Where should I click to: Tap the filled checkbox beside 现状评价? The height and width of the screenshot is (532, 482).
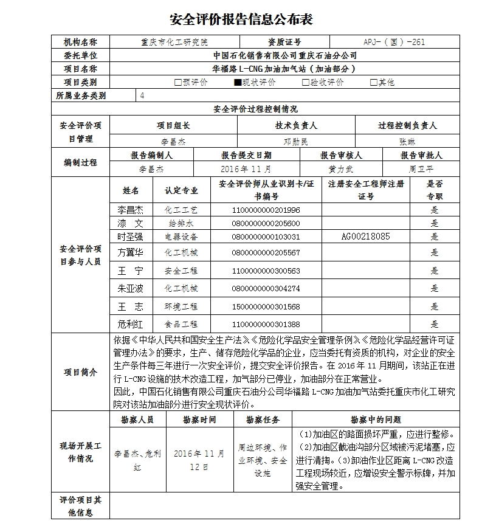(238, 82)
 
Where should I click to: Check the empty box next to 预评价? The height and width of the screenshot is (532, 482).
(177, 82)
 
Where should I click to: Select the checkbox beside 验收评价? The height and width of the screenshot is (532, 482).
(306, 82)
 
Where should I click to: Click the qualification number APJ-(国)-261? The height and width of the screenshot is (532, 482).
(394, 43)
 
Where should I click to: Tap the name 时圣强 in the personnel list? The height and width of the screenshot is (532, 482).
(131, 236)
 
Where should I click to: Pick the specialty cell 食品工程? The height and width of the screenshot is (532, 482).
(181, 325)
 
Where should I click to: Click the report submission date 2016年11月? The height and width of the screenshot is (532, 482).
(247, 168)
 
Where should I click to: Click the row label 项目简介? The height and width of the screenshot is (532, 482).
(80, 372)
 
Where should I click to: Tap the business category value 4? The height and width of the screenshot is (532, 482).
(142, 95)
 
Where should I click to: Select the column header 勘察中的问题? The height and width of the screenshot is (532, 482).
(376, 420)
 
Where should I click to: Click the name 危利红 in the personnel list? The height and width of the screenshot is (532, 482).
(131, 325)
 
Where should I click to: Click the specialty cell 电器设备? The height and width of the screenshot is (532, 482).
(181, 236)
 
